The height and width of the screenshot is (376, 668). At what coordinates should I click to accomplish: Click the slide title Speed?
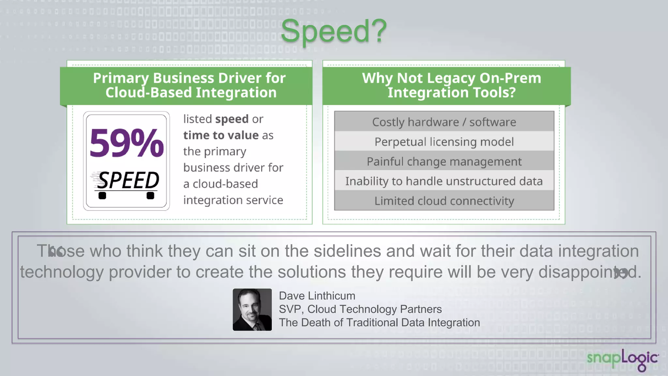[x=333, y=31]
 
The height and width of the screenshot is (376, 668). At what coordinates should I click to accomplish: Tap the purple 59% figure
[x=127, y=143]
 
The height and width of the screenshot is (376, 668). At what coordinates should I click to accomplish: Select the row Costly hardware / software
[x=444, y=122]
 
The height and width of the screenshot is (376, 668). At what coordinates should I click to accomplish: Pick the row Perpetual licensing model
[x=444, y=142]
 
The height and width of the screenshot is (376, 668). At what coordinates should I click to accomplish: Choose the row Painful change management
[x=444, y=162]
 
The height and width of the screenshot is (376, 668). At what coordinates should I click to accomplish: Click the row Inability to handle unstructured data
[x=444, y=181]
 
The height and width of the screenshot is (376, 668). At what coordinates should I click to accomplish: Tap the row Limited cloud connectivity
[x=444, y=201]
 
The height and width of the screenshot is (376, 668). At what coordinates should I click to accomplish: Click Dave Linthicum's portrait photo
[x=252, y=309]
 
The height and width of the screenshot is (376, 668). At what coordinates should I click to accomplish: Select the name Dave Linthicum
[x=317, y=296]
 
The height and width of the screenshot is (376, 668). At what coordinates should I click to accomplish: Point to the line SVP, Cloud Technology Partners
[x=360, y=309]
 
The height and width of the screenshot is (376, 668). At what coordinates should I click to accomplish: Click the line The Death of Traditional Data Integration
[x=379, y=322]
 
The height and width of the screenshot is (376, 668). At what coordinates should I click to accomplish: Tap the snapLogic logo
[x=622, y=359]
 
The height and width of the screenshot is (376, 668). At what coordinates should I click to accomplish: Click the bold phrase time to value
[x=221, y=135]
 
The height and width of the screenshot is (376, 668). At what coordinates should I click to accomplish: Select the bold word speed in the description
[x=232, y=119]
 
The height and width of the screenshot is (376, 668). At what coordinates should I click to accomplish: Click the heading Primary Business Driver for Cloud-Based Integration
[x=190, y=86]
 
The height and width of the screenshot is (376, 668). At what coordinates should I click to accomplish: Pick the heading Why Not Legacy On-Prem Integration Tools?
[x=451, y=86]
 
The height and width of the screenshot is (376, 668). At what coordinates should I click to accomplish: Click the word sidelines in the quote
[x=347, y=251]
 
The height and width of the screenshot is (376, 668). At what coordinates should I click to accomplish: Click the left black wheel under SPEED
[x=102, y=196]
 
